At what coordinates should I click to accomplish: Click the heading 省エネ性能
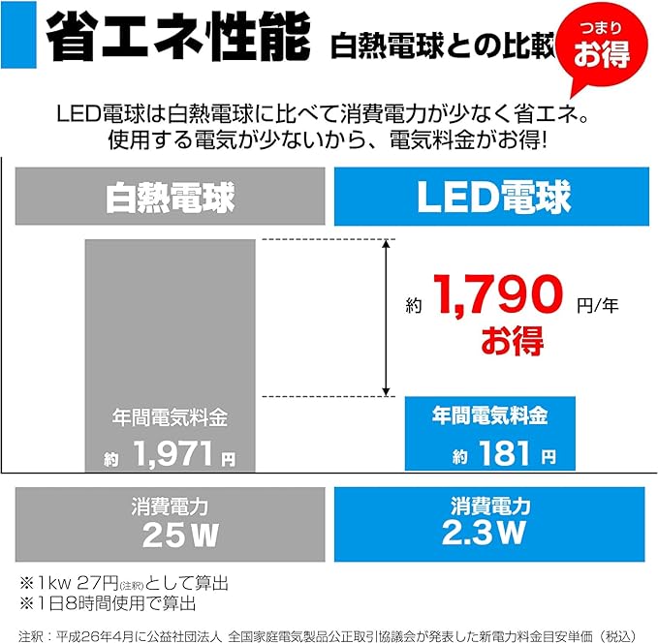[x=177, y=40]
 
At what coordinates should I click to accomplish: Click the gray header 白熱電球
[x=170, y=198]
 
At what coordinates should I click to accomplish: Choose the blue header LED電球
[x=491, y=198]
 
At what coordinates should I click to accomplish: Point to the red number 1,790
[x=498, y=297]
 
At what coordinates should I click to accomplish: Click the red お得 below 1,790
[x=513, y=341]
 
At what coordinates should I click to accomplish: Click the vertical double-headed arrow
[x=388, y=317]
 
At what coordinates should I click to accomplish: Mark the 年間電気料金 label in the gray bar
[x=170, y=418]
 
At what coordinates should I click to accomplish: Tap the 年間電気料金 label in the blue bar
[x=489, y=415]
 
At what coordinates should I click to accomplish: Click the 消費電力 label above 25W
[x=170, y=506]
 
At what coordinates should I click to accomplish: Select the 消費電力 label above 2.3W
[x=489, y=506]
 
